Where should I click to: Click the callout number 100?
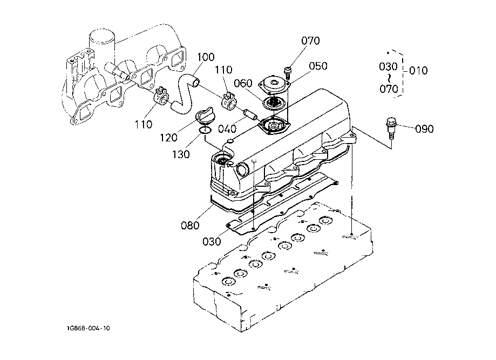[206, 57]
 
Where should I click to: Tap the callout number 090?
[424, 129]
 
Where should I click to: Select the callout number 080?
[190, 225]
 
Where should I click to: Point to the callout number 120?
[168, 138]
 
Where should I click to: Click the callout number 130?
[181, 154]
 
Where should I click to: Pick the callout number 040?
[227, 129]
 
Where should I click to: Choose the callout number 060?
[243, 83]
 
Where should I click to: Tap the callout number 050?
[318, 66]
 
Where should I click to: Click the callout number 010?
[418, 70]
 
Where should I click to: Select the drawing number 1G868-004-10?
[89, 328]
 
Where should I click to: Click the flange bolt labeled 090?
[390, 128]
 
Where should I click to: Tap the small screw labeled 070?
[288, 73]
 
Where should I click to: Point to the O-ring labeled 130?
[205, 130]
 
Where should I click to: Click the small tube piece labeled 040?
[249, 114]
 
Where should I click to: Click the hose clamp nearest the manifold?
[161, 97]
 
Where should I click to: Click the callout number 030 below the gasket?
[212, 241]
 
